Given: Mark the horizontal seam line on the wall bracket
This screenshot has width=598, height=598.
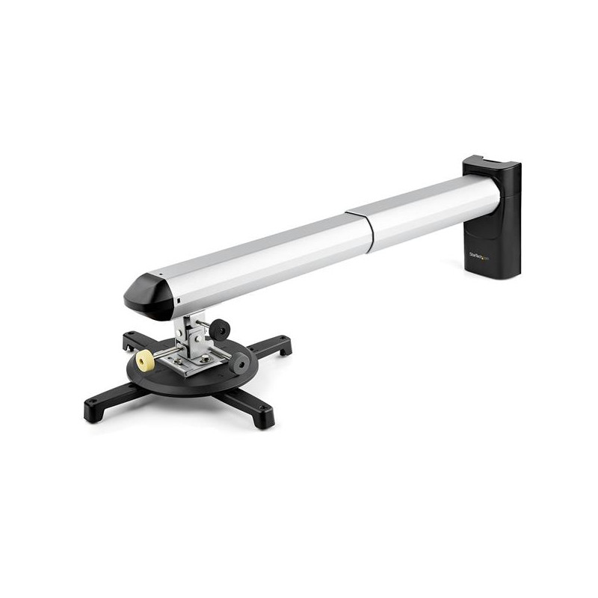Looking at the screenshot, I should click(x=508, y=196).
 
